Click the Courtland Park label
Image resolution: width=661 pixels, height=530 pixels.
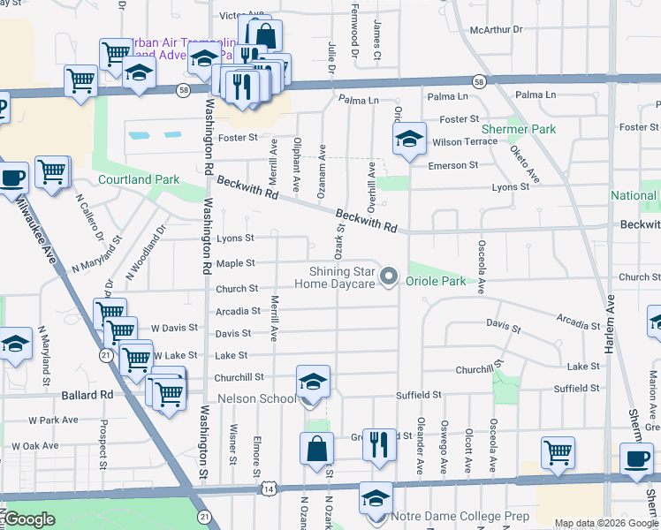[x=139, y=179]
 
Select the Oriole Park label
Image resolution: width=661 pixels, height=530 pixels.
[x=436, y=281]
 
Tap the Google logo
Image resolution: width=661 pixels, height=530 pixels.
[x=30, y=519]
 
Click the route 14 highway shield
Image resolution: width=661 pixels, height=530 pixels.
[x=267, y=488]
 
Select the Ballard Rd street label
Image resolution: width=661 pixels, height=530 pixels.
[x=87, y=395]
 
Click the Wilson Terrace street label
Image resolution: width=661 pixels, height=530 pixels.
[x=465, y=142]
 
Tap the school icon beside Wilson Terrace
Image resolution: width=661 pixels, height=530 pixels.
[x=409, y=139]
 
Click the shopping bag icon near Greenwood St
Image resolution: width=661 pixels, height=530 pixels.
[x=316, y=447]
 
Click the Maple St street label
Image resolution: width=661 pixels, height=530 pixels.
[x=236, y=263]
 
